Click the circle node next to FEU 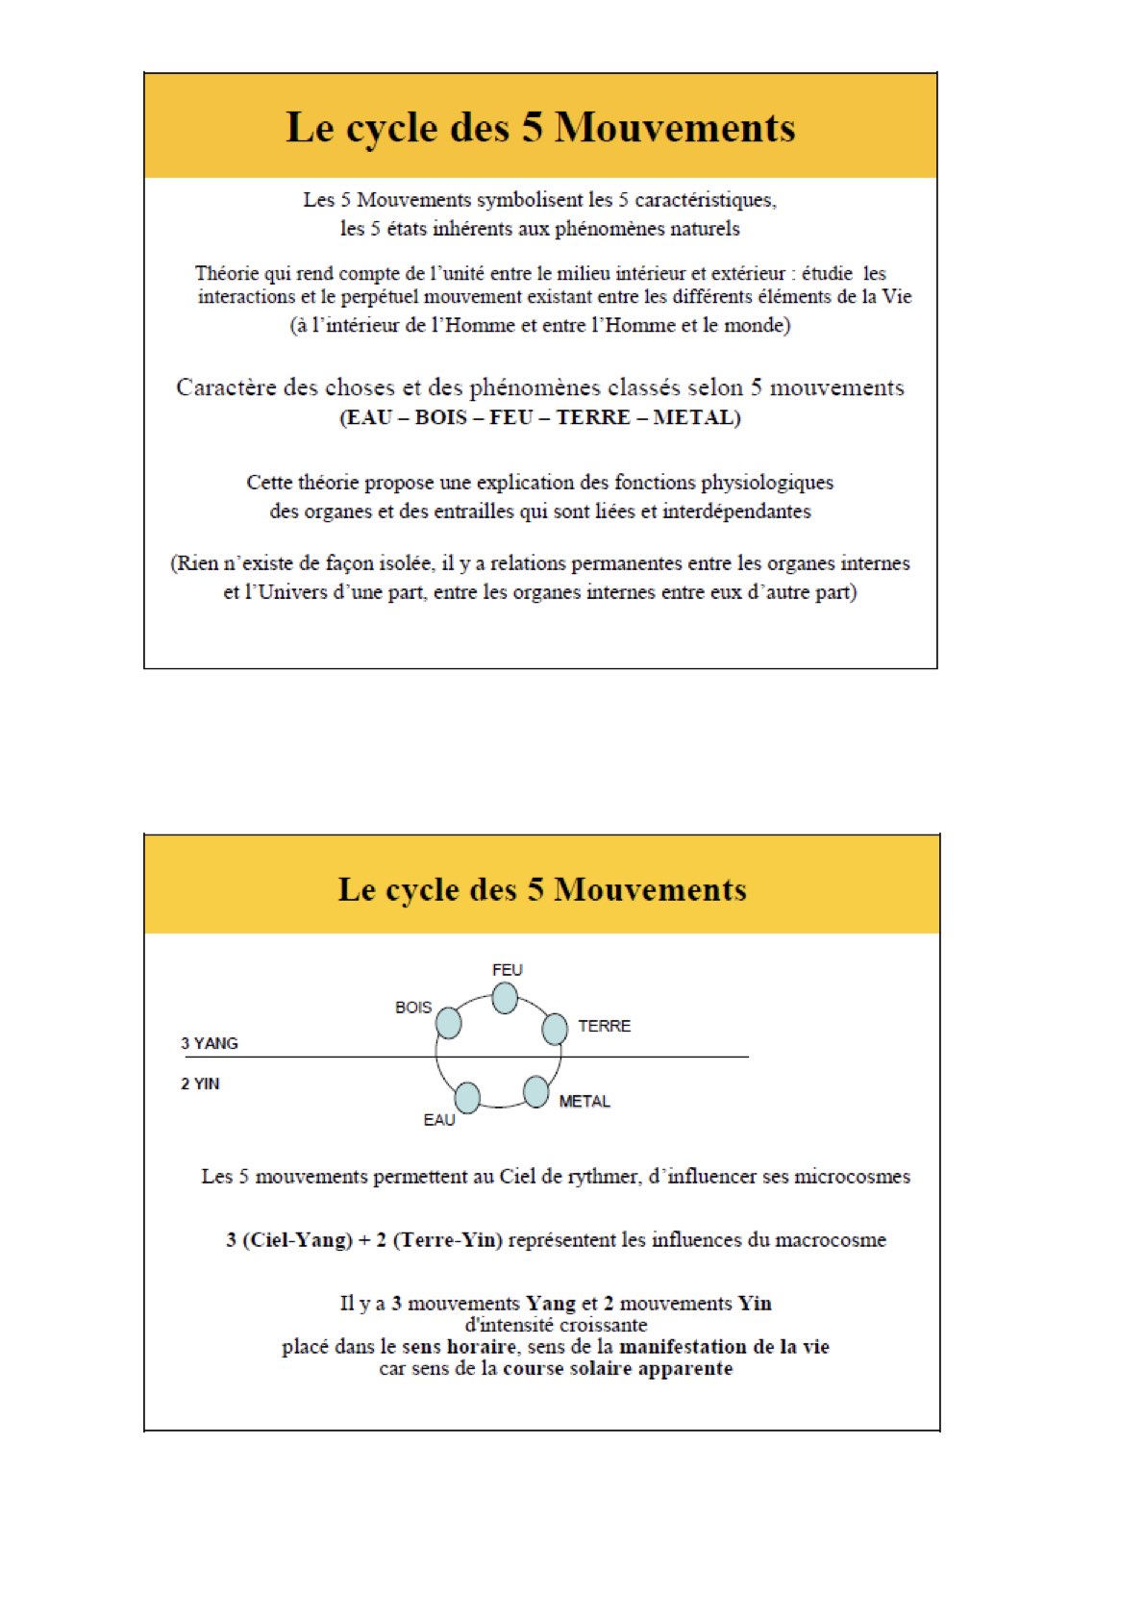click(505, 998)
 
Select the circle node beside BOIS click(448, 1023)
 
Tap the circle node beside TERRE click(555, 1029)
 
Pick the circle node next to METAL click(535, 1091)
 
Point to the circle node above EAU click(467, 1097)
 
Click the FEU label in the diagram click(507, 970)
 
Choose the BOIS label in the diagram click(413, 1008)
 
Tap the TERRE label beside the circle click(604, 1026)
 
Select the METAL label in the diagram click(584, 1101)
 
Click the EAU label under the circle click(439, 1120)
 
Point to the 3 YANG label click(210, 1043)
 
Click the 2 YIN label click(200, 1083)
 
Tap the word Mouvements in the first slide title click(675, 128)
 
